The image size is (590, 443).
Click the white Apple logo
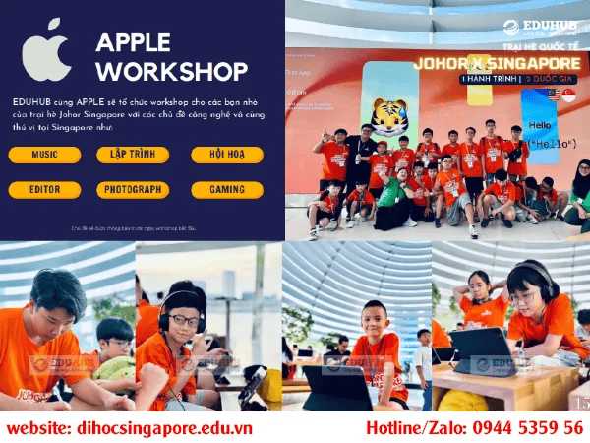pos(46,55)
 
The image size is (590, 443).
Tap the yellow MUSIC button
pos(43,155)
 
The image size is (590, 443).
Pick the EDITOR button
pos(43,189)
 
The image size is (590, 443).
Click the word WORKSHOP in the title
pos(172,72)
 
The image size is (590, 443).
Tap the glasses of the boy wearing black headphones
pos(182,320)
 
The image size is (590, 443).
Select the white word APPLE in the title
pos(133,41)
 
